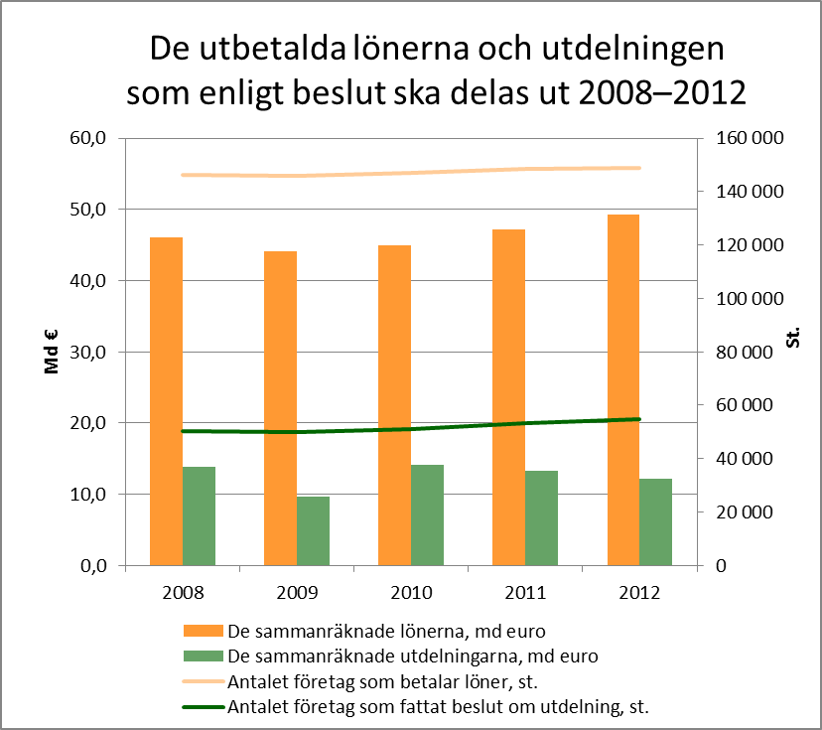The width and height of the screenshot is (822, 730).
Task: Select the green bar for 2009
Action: coord(313,530)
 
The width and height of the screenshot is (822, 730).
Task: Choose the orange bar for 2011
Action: coord(508,397)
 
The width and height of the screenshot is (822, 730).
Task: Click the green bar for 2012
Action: coord(655,521)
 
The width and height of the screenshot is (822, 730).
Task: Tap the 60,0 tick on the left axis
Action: coord(86,138)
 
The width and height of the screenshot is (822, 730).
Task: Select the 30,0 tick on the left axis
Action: coord(86,352)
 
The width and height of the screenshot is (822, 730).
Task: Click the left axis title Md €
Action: coord(52,353)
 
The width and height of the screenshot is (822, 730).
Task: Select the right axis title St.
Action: coord(793,339)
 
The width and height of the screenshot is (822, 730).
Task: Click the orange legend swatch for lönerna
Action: coord(203,630)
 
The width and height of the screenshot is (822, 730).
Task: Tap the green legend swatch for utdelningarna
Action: coord(203,656)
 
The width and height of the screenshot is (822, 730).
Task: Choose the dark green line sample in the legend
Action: coord(203,707)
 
